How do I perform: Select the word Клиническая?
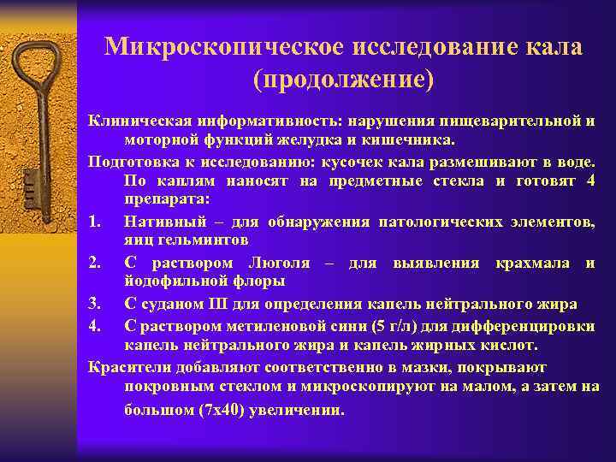point(139,121)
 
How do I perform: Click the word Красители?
point(128,367)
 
